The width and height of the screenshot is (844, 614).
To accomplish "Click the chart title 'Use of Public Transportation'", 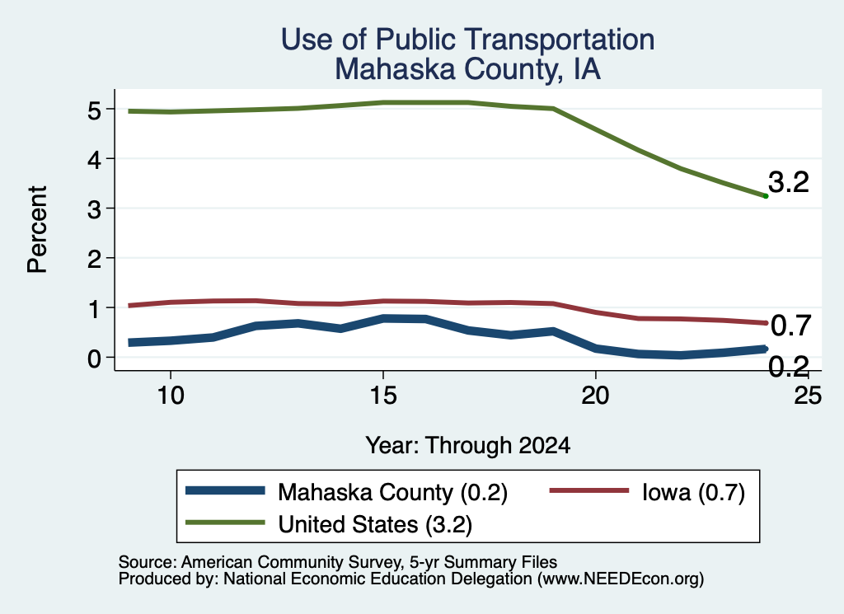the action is click(467, 40).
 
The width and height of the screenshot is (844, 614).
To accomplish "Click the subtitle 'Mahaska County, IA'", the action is click(467, 69).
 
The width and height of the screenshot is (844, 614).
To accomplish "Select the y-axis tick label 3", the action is click(94, 209).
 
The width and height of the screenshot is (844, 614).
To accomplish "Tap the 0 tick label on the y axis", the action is click(94, 359).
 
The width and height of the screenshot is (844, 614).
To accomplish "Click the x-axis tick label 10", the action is click(171, 396).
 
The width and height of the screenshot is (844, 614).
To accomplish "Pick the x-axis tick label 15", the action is click(383, 396).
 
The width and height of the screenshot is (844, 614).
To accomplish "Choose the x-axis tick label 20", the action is click(595, 396).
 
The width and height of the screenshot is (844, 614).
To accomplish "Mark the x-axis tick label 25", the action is click(808, 396).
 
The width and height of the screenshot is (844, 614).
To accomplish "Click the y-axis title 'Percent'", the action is click(38, 230).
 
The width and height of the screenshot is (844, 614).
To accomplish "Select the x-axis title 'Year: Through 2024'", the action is click(468, 446).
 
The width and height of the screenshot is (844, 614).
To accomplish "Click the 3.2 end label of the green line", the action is click(789, 182).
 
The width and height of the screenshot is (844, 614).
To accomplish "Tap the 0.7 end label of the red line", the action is click(790, 326).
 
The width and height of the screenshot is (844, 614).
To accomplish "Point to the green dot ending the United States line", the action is click(766, 196).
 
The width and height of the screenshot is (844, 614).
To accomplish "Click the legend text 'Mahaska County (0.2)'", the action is click(392, 492).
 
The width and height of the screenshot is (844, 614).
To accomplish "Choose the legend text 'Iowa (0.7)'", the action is click(693, 492).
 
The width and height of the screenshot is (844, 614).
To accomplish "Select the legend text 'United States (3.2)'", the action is click(375, 524).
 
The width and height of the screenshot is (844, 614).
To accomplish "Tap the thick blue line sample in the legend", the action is click(226, 490).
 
